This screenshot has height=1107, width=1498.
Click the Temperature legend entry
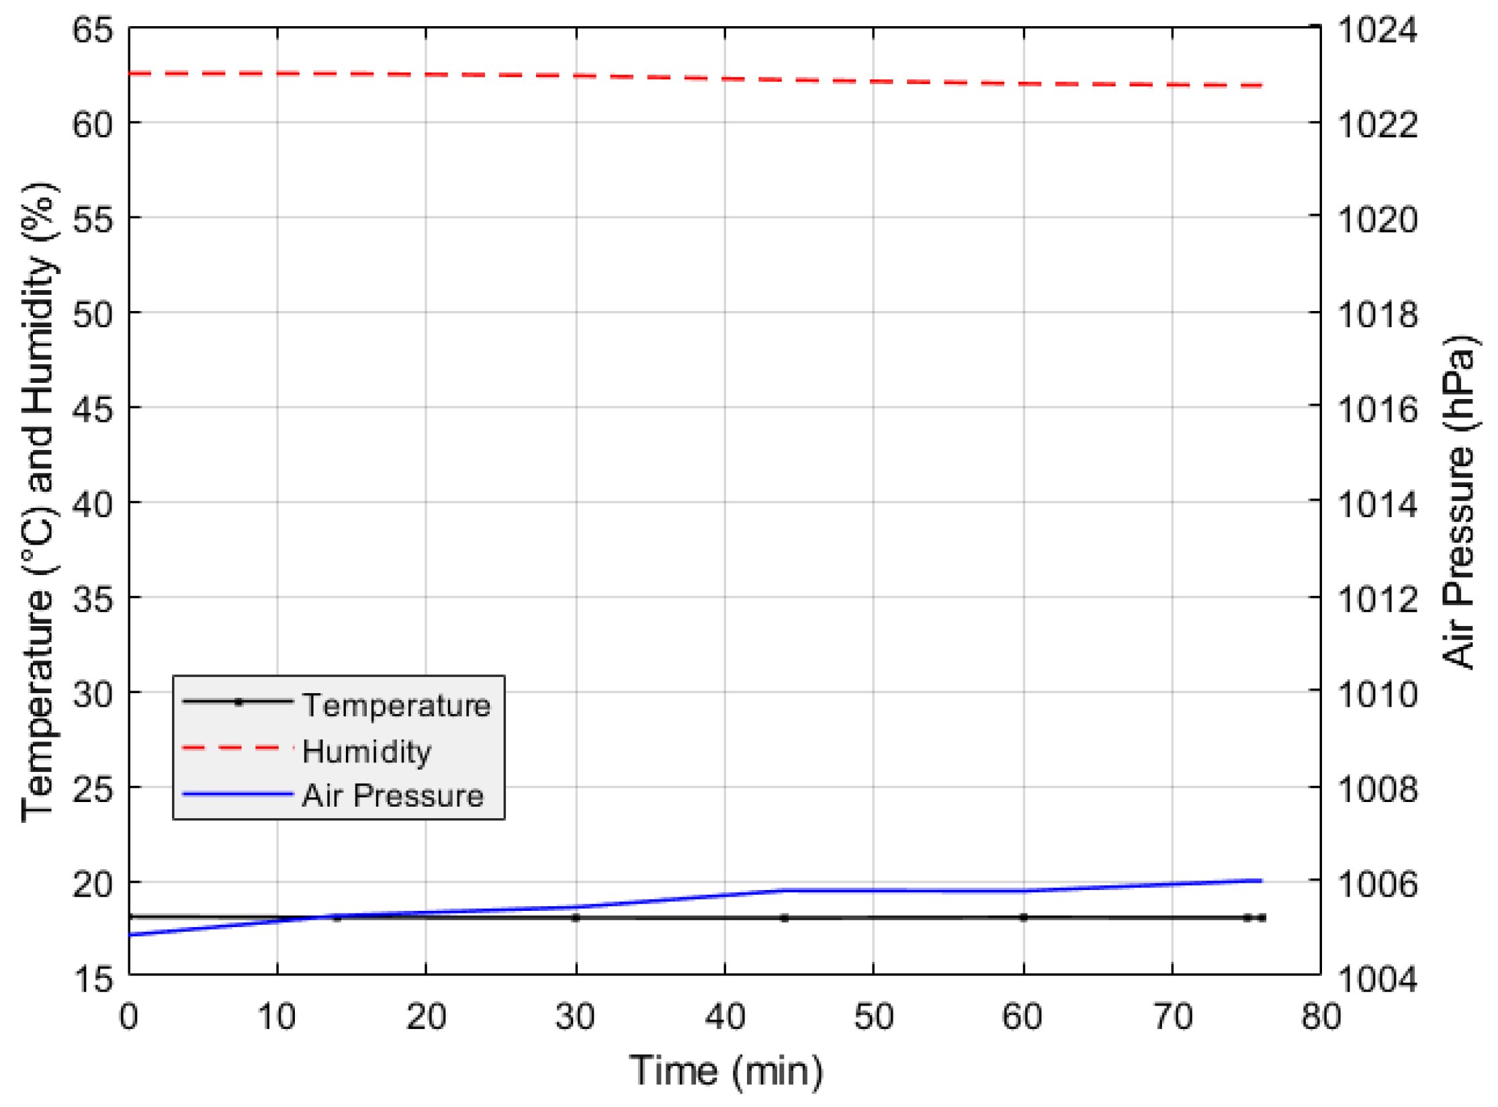(396, 706)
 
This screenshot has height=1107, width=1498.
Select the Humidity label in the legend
(367, 752)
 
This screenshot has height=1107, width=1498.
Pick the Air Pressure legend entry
(393, 796)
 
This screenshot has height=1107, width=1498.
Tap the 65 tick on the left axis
(93, 30)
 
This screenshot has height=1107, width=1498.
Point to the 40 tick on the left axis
(93, 504)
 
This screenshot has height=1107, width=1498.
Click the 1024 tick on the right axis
(1378, 30)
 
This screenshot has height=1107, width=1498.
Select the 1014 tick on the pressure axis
(1378, 504)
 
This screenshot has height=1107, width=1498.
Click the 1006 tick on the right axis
(1378, 884)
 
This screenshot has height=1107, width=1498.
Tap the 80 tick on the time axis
(1321, 1016)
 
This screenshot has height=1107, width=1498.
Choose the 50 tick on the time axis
(873, 1016)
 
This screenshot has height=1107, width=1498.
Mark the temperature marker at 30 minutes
(576, 918)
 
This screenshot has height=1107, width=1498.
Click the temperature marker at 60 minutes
(1023, 918)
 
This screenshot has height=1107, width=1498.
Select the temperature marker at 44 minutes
(785, 918)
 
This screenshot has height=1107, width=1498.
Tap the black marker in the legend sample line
(238, 702)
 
